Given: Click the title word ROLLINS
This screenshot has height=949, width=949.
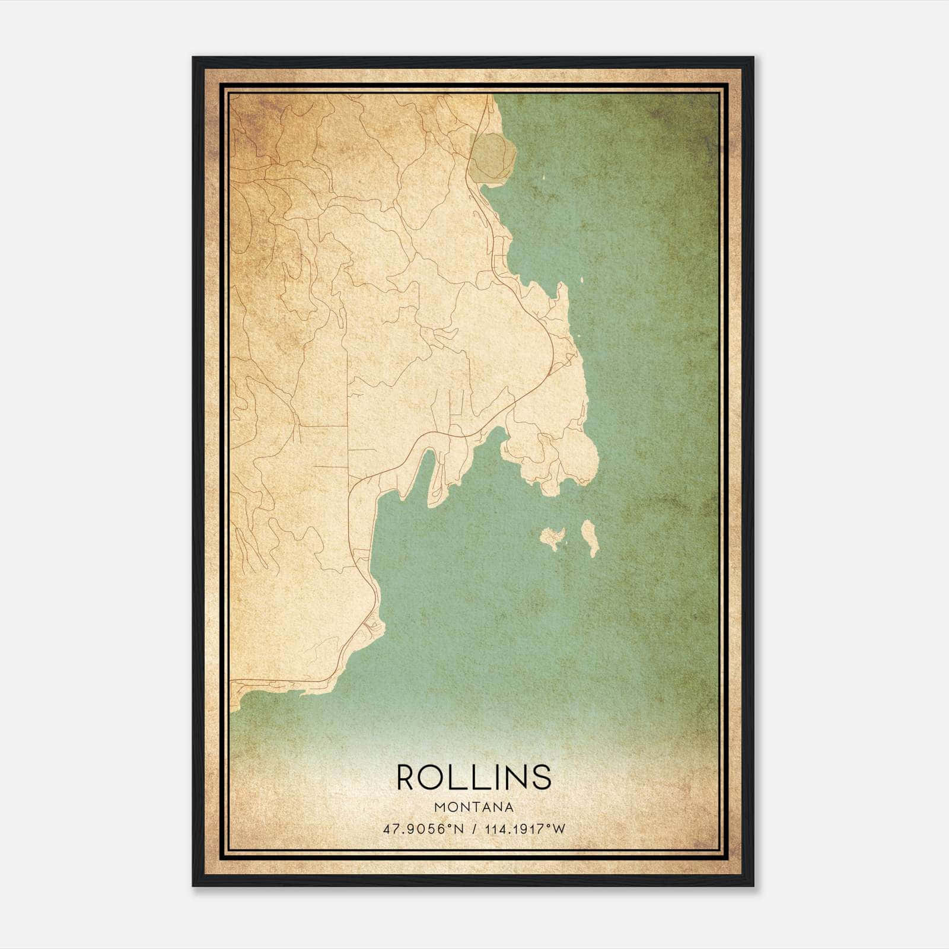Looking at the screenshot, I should pos(474,777).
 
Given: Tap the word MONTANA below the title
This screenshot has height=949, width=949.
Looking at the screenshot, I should pos(474,807).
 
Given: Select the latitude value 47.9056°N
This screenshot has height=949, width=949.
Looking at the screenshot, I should pos(423,829).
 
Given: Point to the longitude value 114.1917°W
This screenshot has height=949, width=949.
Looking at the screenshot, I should pos(525,829).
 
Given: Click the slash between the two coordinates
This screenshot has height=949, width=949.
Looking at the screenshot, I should pos(474,829).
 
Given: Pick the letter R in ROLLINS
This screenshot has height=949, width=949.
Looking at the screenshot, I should pos(407,777).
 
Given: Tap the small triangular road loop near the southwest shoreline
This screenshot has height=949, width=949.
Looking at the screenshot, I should pos(371,624).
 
